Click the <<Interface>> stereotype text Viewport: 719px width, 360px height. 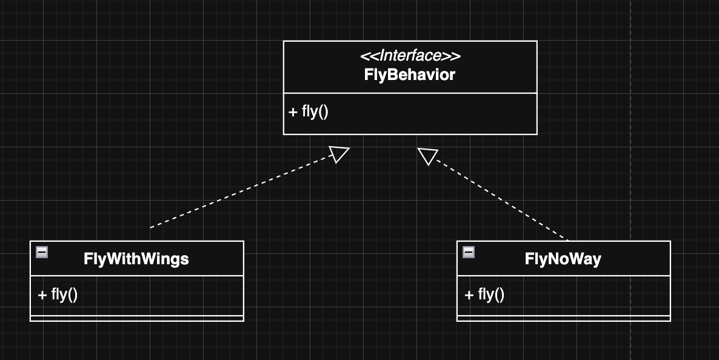[410, 56]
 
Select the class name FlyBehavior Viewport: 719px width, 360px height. [410, 75]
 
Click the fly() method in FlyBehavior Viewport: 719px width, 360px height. [309, 112]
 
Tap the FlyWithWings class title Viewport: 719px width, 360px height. [136, 259]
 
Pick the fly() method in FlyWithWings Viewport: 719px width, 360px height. [58, 295]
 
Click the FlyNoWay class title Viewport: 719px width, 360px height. [563, 259]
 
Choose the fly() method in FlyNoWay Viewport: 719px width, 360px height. [484, 295]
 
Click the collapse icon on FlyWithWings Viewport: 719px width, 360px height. [42, 252]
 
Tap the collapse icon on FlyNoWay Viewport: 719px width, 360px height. [469, 252]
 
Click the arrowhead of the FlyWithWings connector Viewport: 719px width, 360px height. [339, 155]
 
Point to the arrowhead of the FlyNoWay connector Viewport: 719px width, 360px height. [427, 156]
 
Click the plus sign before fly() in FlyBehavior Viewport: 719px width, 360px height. [293, 112]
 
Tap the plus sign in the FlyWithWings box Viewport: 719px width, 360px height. [42, 295]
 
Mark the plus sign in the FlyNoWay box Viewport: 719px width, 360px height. [469, 295]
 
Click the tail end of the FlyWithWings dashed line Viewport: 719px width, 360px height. [152, 227]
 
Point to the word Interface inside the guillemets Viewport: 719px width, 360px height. [410, 56]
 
